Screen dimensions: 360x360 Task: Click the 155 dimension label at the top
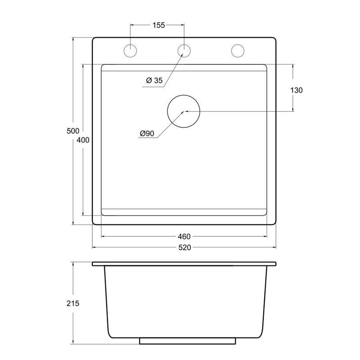tap(158, 25)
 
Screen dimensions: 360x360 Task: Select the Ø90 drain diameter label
tap(147, 133)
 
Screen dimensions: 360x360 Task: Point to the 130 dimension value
tap(297, 90)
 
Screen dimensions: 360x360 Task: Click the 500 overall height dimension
tap(73, 131)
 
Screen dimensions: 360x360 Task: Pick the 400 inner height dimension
tap(83, 140)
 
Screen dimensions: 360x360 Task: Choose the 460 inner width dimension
tap(184, 236)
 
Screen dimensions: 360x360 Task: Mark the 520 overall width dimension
tap(184, 247)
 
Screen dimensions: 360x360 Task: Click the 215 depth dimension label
tap(73, 303)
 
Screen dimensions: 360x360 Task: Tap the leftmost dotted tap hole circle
tap(130, 50)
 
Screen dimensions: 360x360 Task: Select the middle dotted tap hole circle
tap(184, 50)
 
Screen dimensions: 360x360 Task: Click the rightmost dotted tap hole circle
tap(237, 50)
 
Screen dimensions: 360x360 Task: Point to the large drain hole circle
tap(184, 111)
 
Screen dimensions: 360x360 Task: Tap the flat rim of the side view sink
tap(184, 264)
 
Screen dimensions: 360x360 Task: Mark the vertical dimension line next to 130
tap(293, 76)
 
